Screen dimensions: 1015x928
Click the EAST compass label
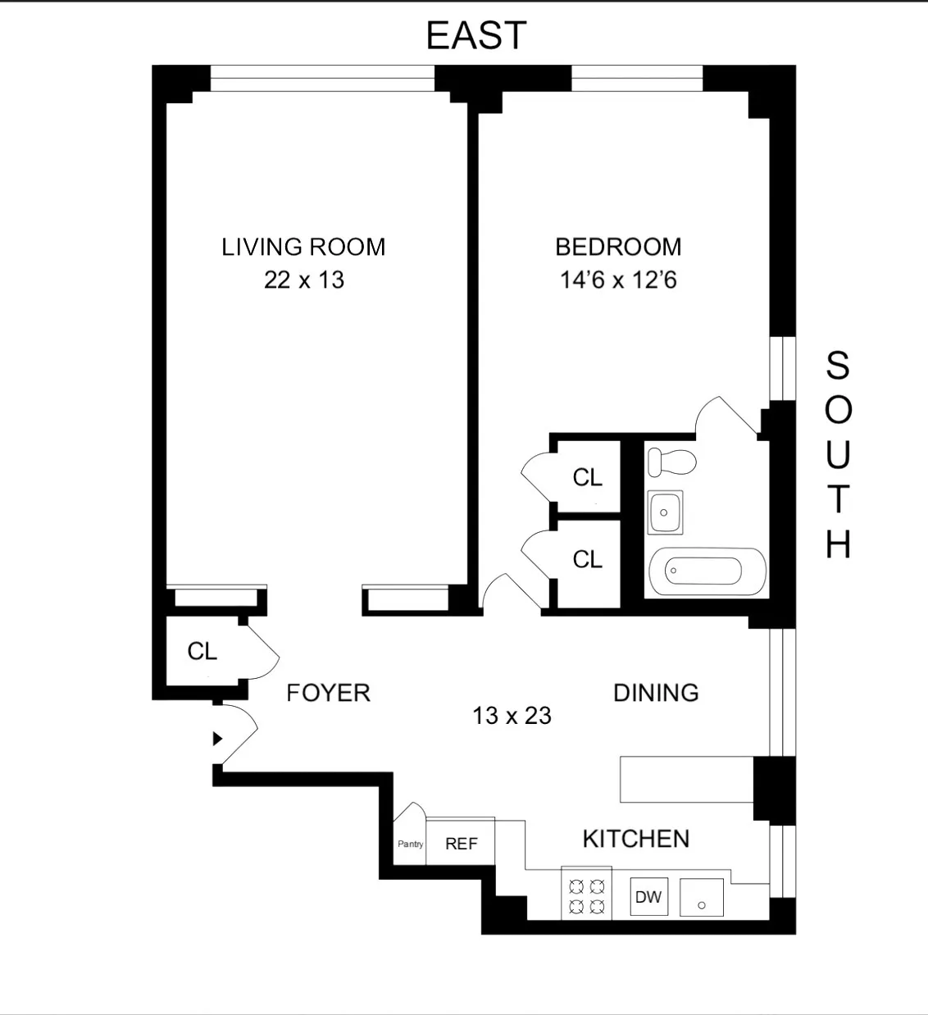(475, 35)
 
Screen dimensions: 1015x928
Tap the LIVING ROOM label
(303, 247)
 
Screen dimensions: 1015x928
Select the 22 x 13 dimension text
(303, 280)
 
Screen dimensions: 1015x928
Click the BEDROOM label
(618, 247)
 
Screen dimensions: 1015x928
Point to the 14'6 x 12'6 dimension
(618, 280)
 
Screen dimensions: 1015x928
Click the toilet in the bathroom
(671, 461)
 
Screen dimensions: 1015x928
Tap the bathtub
(707, 570)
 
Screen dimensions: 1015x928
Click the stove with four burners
(586, 893)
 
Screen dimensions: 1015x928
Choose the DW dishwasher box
(648, 897)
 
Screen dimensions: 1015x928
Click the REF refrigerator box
(461, 844)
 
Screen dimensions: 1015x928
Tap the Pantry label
(410, 844)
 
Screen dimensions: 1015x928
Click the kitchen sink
(701, 898)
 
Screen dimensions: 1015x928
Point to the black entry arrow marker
(217, 739)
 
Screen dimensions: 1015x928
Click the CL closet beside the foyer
(202, 651)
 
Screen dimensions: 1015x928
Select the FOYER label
(328, 694)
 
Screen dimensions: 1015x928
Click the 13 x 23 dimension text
(512, 716)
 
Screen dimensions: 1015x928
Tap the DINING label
(656, 693)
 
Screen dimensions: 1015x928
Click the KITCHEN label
(635, 839)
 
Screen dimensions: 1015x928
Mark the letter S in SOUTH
(837, 366)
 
